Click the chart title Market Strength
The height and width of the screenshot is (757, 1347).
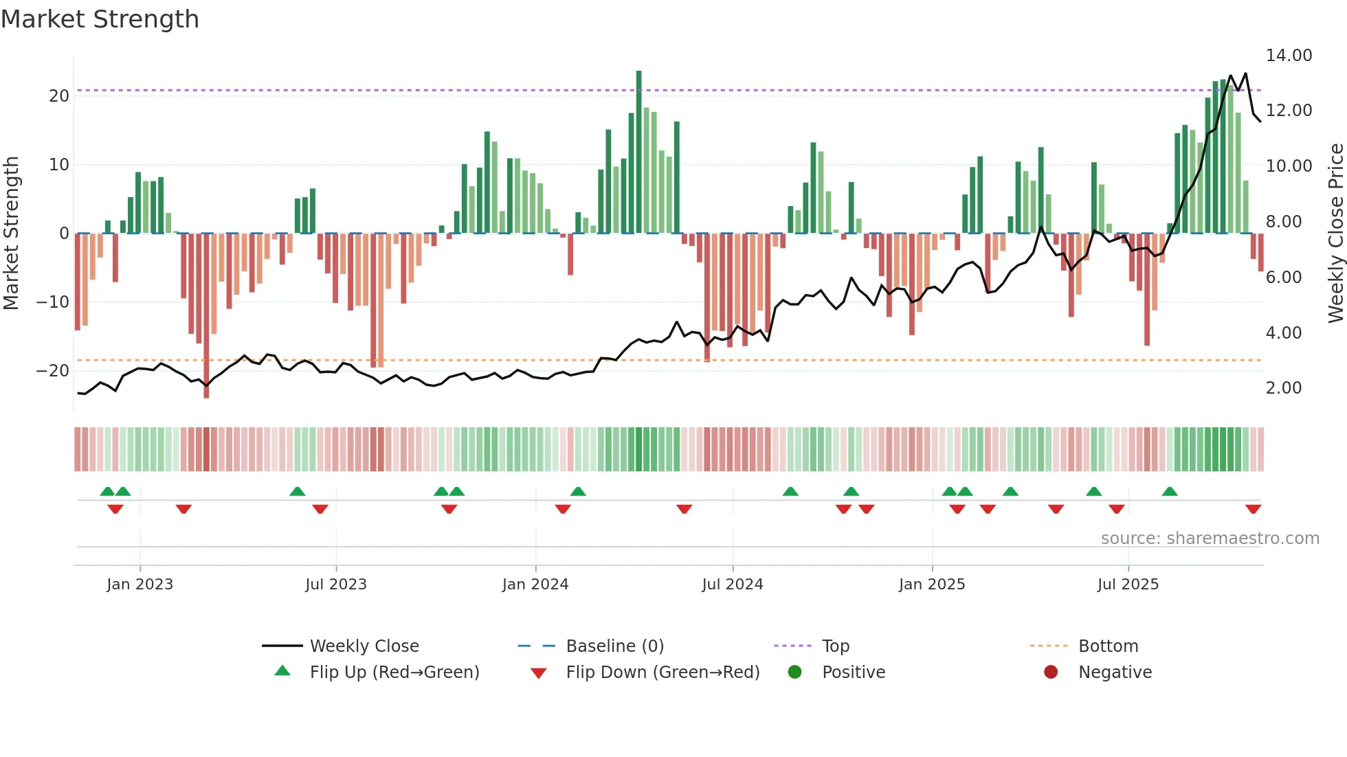pos(100,19)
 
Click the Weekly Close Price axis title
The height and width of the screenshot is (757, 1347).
pos(1335,234)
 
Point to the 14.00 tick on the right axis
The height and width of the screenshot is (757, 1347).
pos(1289,56)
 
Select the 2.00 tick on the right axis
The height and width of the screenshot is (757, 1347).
pos(1283,388)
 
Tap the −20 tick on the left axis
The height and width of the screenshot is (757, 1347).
pos(53,371)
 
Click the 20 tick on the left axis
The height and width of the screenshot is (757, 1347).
pos(59,96)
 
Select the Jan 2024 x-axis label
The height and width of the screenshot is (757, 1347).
pos(535,585)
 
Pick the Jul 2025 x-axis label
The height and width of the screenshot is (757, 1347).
pos(1127,585)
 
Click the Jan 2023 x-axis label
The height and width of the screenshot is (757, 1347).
pos(140,585)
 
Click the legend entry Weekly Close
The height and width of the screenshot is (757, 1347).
pos(364,646)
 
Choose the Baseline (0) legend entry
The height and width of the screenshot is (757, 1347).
pos(614,646)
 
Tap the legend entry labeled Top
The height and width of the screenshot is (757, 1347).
pos(835,646)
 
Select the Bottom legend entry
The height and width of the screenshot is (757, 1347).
pos(1108,646)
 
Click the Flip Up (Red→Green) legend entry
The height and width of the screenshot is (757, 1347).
pos(394,673)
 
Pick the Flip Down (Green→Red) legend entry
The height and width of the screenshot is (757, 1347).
pos(663,673)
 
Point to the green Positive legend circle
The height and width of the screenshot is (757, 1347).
pos(795,673)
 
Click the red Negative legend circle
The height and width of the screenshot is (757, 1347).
pos(1051,673)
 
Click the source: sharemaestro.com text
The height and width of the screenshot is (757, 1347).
pos(1210,539)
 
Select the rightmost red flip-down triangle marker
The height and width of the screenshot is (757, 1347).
pos(1253,509)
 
